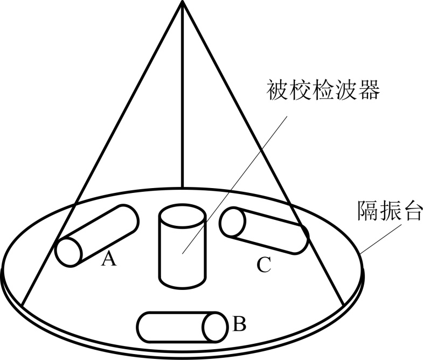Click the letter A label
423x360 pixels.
[x=109, y=260]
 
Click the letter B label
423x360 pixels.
[x=240, y=324]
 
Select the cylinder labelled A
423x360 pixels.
[x=97, y=236]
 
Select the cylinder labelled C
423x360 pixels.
[x=265, y=231]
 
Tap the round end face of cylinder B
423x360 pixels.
[x=216, y=327]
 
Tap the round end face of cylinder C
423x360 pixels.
[x=232, y=221]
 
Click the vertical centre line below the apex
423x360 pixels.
[x=183, y=108]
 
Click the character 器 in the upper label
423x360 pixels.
[x=369, y=89]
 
